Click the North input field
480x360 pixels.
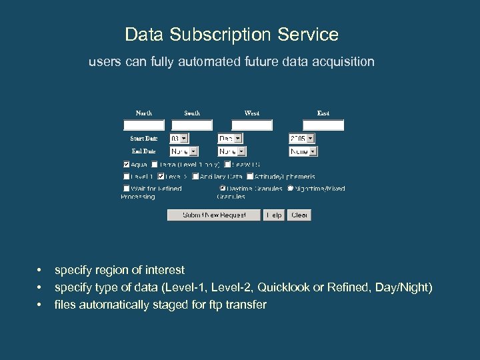point(144,125)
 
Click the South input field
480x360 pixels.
point(192,125)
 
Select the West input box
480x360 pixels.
point(252,125)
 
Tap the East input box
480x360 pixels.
point(323,125)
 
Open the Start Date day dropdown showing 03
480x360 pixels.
point(179,139)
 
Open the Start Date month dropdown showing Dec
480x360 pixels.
point(231,139)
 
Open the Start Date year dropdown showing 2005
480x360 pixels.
point(301,139)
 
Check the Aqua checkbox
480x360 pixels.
point(127,164)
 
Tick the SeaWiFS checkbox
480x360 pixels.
point(227,164)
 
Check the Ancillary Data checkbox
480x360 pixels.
point(195,177)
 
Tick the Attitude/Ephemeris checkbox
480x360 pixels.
point(250,177)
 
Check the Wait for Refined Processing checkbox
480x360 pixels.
point(127,189)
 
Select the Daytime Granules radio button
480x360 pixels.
point(223,189)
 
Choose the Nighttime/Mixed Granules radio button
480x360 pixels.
point(290,189)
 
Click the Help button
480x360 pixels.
point(274,215)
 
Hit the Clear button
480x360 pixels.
point(299,215)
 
